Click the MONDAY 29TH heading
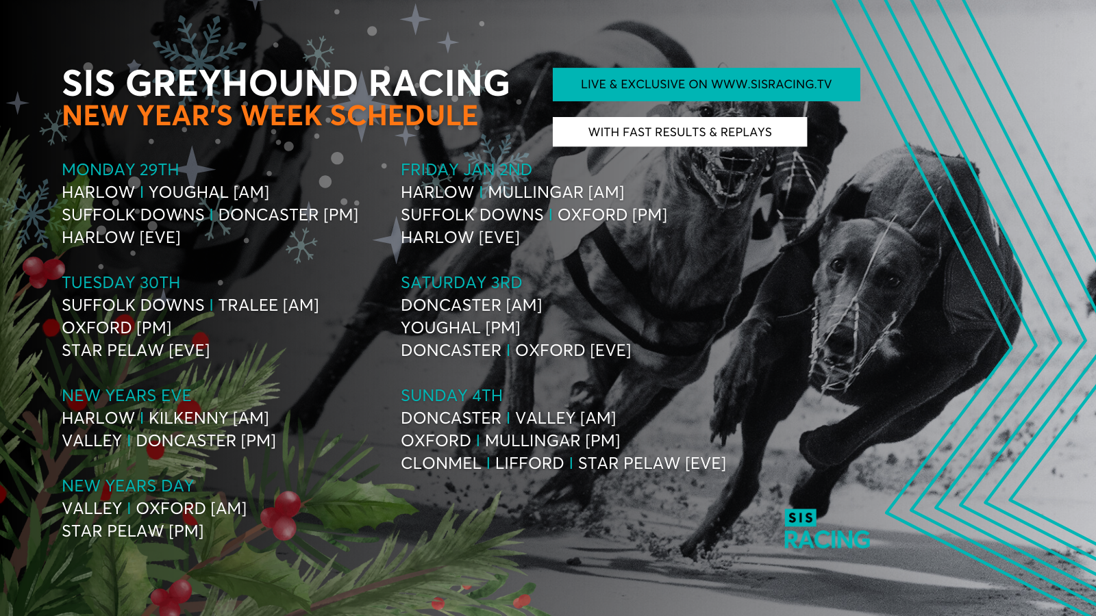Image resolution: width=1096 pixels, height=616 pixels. pos(121,170)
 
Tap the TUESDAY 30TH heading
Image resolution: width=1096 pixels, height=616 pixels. pos(121,283)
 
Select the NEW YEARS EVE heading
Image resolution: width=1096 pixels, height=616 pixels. pos(127,396)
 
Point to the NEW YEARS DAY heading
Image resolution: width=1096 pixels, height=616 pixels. pos(128,486)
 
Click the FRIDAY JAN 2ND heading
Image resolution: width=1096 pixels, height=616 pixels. pos(466,170)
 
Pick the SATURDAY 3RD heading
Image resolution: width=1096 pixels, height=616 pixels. pos(462,283)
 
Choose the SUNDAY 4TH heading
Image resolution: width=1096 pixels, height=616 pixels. pos(451,396)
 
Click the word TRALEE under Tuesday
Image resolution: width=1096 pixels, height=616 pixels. pos(248,305)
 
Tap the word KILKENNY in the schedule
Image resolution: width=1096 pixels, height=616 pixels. pos(188,418)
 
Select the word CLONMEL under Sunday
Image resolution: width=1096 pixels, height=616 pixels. pos(441,463)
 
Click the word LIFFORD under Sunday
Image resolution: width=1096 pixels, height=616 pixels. pos(530,463)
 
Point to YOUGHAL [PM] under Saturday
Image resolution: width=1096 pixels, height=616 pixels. pos(460,328)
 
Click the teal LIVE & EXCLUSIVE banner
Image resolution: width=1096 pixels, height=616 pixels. pos(706,84)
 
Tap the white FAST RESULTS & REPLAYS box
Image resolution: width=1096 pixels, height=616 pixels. pos(680,131)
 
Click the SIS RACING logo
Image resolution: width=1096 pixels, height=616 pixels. pos(827,529)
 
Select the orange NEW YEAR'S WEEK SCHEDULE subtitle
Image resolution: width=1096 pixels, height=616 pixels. pos(270,116)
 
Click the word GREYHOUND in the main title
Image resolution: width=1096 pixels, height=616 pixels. pos(242,83)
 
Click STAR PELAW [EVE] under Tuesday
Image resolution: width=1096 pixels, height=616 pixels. pos(136,350)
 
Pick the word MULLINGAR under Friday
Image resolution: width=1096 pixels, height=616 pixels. pos(536,192)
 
